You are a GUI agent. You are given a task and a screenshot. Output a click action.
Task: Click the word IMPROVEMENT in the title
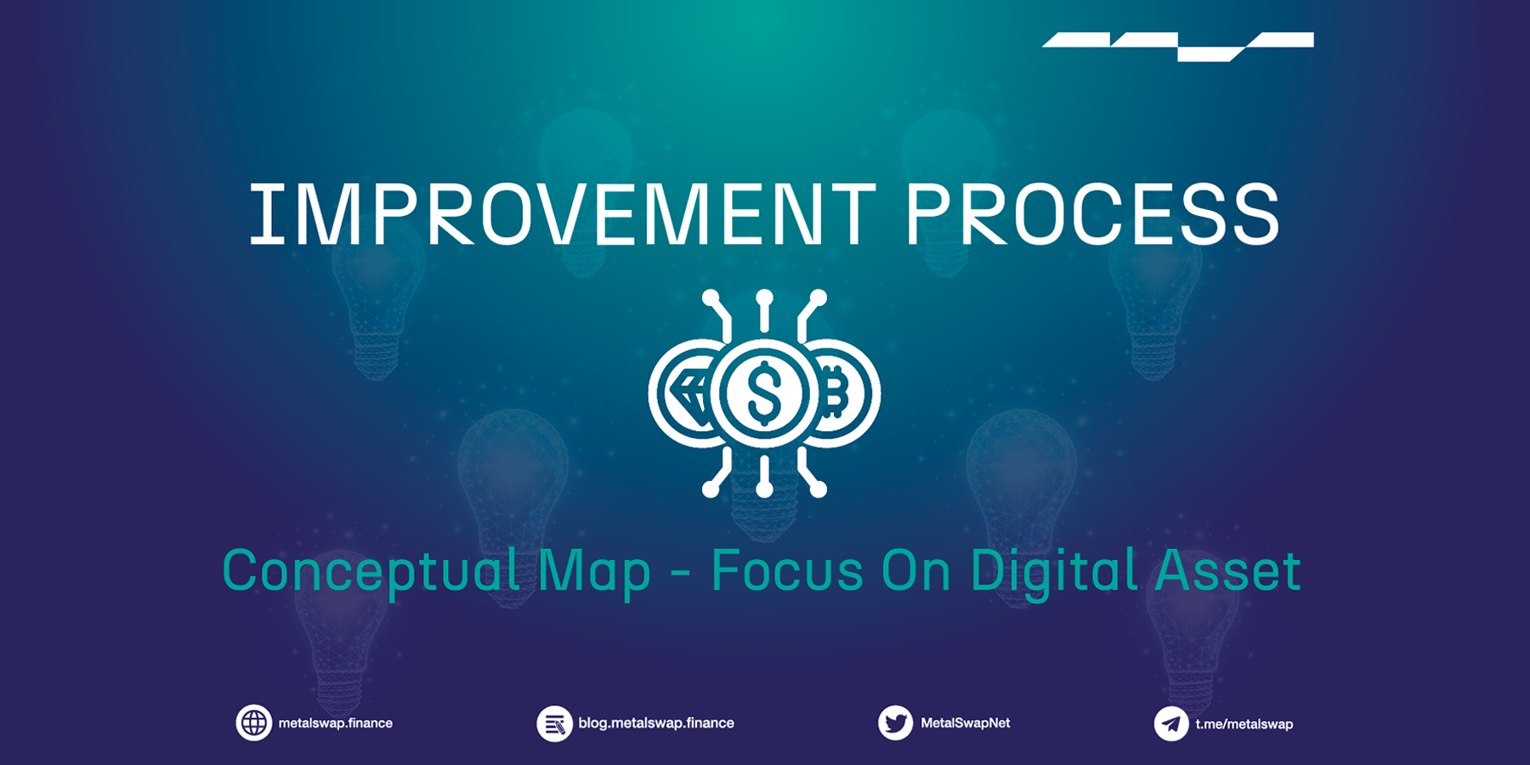(x=561, y=214)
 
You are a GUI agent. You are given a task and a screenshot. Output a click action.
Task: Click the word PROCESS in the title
(x=1091, y=214)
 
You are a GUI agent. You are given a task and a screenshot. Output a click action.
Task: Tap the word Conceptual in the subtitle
(x=371, y=571)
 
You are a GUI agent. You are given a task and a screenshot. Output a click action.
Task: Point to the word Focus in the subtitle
(x=787, y=570)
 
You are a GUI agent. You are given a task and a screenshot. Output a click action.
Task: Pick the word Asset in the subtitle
(x=1227, y=571)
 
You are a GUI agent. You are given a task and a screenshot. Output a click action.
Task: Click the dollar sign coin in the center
(x=763, y=394)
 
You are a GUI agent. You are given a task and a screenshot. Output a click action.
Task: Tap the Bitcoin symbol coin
(x=837, y=394)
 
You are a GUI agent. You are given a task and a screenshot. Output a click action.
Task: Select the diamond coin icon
(x=687, y=394)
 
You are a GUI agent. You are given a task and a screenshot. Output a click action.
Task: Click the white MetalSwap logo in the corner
(x=1178, y=45)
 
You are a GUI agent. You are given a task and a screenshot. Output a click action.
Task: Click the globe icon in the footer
(x=253, y=723)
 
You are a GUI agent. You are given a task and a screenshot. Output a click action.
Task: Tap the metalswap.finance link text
(x=336, y=723)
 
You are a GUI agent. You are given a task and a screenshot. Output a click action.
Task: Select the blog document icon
(x=554, y=724)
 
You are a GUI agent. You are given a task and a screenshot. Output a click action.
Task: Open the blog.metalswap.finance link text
(x=656, y=723)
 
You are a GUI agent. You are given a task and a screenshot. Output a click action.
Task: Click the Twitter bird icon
(x=895, y=723)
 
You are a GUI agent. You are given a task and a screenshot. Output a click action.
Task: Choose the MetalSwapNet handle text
(x=966, y=723)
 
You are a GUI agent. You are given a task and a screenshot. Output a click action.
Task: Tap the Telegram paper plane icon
(x=1170, y=724)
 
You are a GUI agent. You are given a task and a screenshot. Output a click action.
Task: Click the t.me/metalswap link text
(x=1244, y=724)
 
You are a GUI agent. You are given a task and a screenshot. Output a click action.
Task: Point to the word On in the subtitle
(x=915, y=571)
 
